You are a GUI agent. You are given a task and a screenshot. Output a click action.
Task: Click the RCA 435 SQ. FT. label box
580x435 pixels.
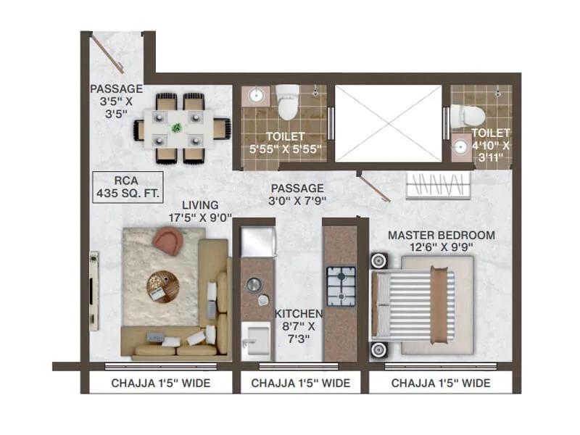point(128,187)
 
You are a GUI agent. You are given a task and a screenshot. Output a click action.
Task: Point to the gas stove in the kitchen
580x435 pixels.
point(340,287)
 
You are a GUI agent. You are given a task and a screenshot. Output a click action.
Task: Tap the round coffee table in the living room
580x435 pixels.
point(162,286)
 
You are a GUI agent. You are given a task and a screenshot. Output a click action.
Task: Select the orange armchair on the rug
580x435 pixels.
point(168,241)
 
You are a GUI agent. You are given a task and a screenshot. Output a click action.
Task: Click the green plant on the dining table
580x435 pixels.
point(177,128)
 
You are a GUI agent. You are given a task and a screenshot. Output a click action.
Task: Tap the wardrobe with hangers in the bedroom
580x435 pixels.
point(438,186)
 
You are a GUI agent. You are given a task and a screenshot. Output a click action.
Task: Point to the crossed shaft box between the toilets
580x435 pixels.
point(388,124)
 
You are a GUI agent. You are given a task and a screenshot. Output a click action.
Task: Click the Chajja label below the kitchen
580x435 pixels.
point(301,383)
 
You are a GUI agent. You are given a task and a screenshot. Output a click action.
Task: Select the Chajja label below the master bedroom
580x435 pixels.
point(441,383)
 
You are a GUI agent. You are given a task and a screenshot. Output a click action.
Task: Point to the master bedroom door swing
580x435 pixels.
point(376,188)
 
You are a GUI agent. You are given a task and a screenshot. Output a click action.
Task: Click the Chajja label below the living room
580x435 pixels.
point(160,383)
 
